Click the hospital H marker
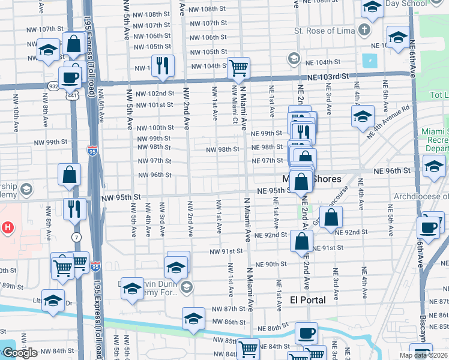[x=7, y=228]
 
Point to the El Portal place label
[x=307, y=299]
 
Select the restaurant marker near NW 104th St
[x=161, y=65]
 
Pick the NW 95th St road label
[x=121, y=196]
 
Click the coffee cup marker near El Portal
[x=306, y=333]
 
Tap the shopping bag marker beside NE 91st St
[x=301, y=241]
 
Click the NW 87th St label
[x=229, y=308]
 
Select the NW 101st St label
[x=155, y=105]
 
